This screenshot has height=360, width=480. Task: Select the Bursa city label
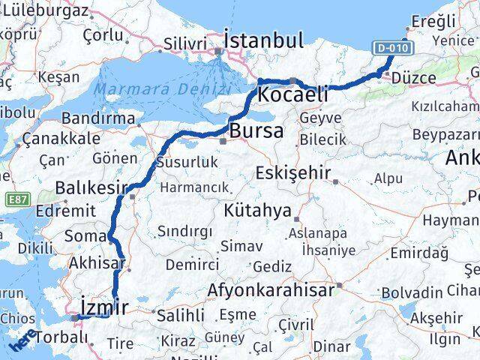256,131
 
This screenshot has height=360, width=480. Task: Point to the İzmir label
103,307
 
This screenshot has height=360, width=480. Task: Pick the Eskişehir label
293,173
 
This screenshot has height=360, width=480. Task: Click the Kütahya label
256,211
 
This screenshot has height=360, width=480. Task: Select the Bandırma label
99,118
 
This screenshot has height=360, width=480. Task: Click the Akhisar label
95,263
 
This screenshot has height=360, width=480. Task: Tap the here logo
22,341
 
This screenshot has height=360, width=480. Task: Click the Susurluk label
187,162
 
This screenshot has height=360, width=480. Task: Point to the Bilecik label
322,139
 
